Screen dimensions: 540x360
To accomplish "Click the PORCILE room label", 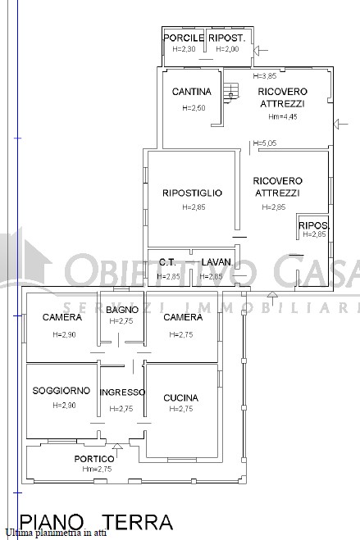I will (x=183, y=38).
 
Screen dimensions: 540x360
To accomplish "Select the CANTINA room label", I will (x=192, y=92).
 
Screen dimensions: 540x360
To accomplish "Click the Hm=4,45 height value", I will (x=282, y=116).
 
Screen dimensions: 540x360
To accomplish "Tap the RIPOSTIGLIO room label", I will (x=192, y=193).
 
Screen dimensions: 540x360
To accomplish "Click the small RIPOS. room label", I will (x=313, y=225).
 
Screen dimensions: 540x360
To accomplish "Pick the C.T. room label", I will (x=167, y=262).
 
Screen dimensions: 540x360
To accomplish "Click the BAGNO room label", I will (x=121, y=310).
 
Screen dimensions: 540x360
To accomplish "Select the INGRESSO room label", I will (x=121, y=393).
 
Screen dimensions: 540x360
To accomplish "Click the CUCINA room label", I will (x=180, y=397).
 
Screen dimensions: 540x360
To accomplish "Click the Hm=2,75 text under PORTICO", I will (x=97, y=470).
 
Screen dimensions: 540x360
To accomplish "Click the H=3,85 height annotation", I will (x=265, y=76).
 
